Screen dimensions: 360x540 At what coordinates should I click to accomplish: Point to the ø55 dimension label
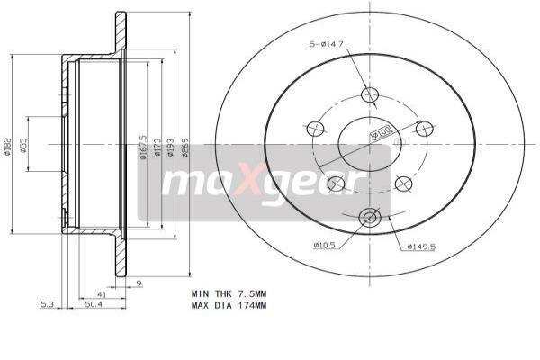(x=25, y=146)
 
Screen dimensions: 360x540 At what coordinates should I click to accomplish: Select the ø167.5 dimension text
(x=143, y=147)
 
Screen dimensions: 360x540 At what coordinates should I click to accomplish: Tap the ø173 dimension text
(x=157, y=147)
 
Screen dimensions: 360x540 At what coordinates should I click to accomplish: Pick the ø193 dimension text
(x=171, y=147)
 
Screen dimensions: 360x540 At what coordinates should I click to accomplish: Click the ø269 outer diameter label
(x=185, y=147)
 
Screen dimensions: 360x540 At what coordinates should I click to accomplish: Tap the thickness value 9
(x=139, y=284)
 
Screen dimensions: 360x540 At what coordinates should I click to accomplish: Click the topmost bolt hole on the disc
(x=369, y=95)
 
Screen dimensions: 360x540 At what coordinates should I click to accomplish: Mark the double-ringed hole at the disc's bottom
(x=369, y=217)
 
